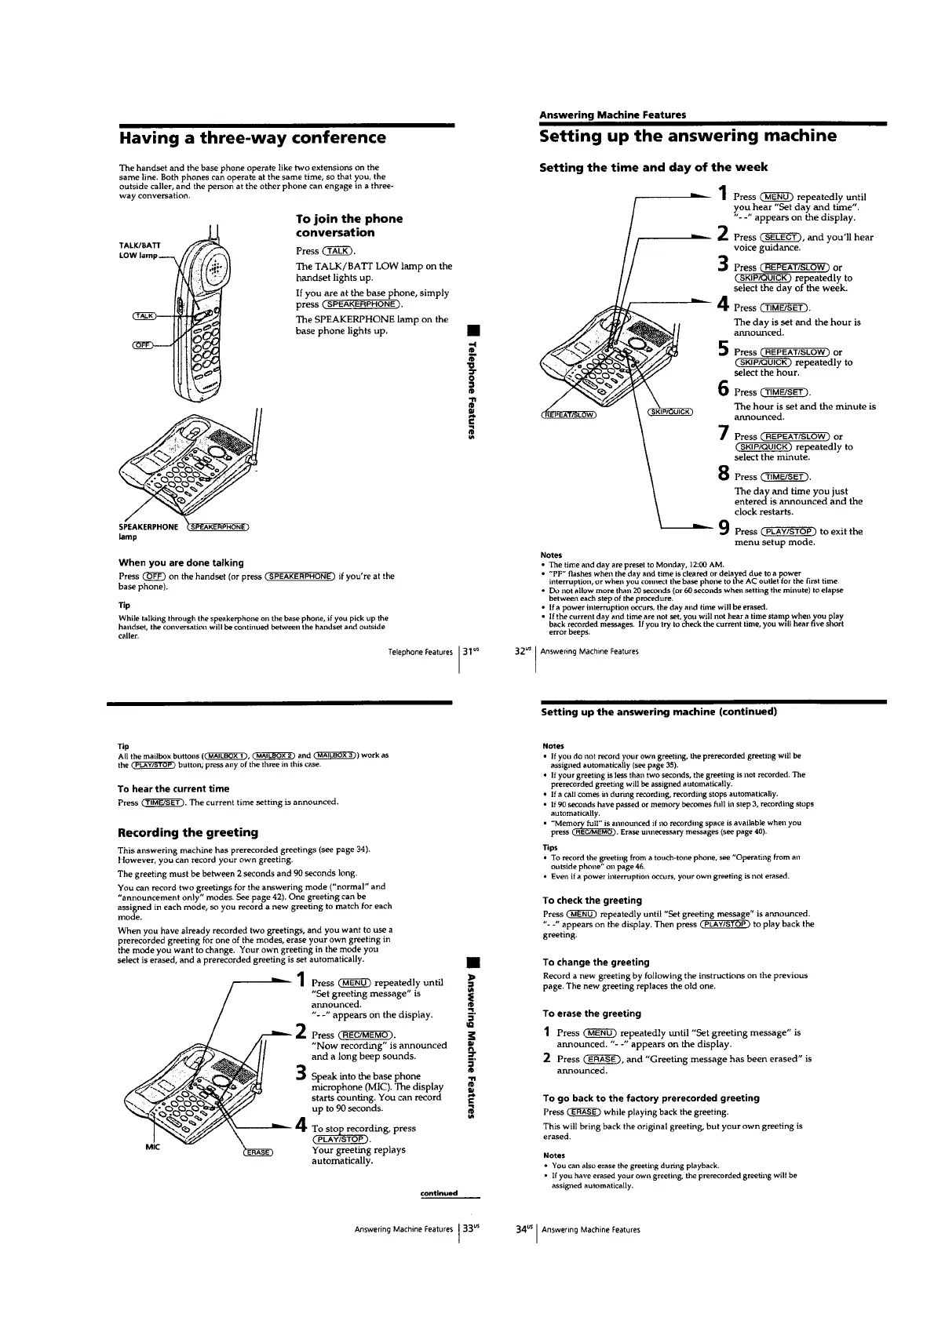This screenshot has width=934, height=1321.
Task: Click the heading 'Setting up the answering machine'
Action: click(x=688, y=136)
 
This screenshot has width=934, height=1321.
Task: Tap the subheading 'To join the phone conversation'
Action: click(x=349, y=225)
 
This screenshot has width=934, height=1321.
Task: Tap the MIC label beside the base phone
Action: click(x=151, y=1146)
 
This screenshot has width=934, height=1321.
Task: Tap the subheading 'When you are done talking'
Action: click(x=181, y=562)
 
